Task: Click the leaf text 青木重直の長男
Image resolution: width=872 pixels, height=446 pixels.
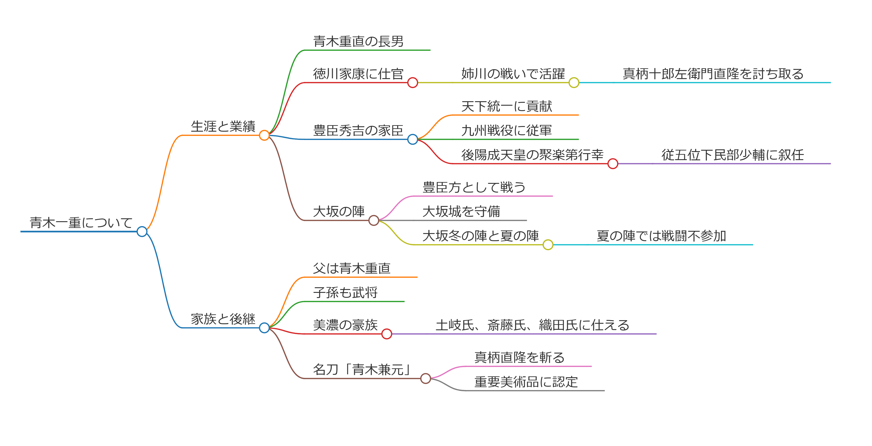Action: point(358,41)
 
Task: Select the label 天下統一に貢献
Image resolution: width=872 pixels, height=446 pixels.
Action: point(507,106)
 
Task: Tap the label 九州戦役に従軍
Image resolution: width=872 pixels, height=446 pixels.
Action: point(507,130)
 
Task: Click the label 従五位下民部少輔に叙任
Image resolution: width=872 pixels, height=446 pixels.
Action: point(733,155)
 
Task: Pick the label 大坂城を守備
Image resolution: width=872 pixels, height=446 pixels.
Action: point(461,211)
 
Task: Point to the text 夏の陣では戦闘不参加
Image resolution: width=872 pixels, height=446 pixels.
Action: point(661,236)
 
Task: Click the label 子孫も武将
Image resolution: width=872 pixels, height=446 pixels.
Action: point(345,292)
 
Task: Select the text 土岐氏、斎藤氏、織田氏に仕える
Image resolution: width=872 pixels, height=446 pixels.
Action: point(532,325)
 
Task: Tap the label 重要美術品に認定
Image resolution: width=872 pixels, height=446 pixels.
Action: point(526,382)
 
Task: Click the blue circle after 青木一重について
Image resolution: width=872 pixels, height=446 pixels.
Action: point(142,232)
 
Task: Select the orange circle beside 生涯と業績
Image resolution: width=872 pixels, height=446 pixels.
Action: point(264,135)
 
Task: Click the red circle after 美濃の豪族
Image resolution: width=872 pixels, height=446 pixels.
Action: point(387,334)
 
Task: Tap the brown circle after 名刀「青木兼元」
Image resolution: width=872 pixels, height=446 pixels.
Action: point(425,378)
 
